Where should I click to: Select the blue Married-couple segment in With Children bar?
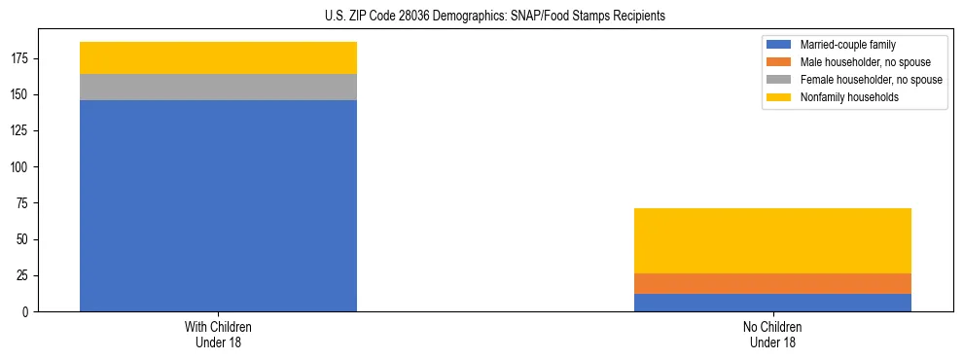click(218, 205)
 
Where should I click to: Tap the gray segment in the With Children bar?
click(218, 87)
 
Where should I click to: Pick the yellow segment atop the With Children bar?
click(218, 57)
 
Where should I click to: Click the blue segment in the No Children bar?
click(772, 303)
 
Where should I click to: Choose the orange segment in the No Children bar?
click(772, 283)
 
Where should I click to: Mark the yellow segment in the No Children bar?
click(772, 240)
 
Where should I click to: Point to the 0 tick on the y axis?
click(28, 311)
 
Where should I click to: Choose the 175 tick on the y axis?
click(22, 58)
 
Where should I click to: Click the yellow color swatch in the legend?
click(779, 97)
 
